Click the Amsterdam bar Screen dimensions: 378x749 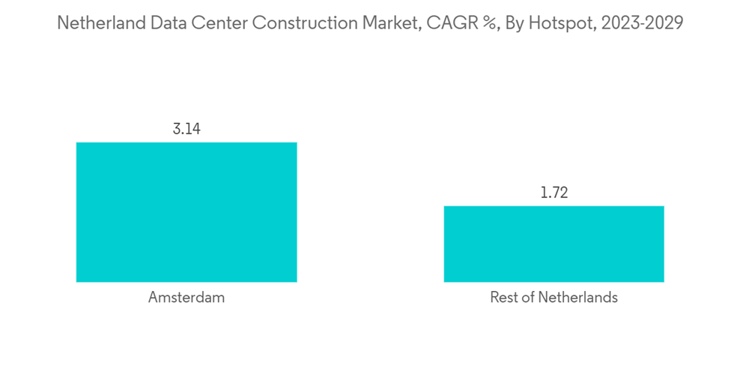(187, 212)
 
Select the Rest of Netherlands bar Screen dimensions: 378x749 (554, 244)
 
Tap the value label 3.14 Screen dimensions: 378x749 (187, 129)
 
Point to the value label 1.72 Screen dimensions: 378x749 (554, 193)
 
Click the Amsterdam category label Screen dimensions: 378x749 (187, 298)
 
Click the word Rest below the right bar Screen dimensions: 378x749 (503, 298)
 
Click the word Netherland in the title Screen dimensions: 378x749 (100, 23)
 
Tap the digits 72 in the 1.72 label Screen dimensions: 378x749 (561, 193)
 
